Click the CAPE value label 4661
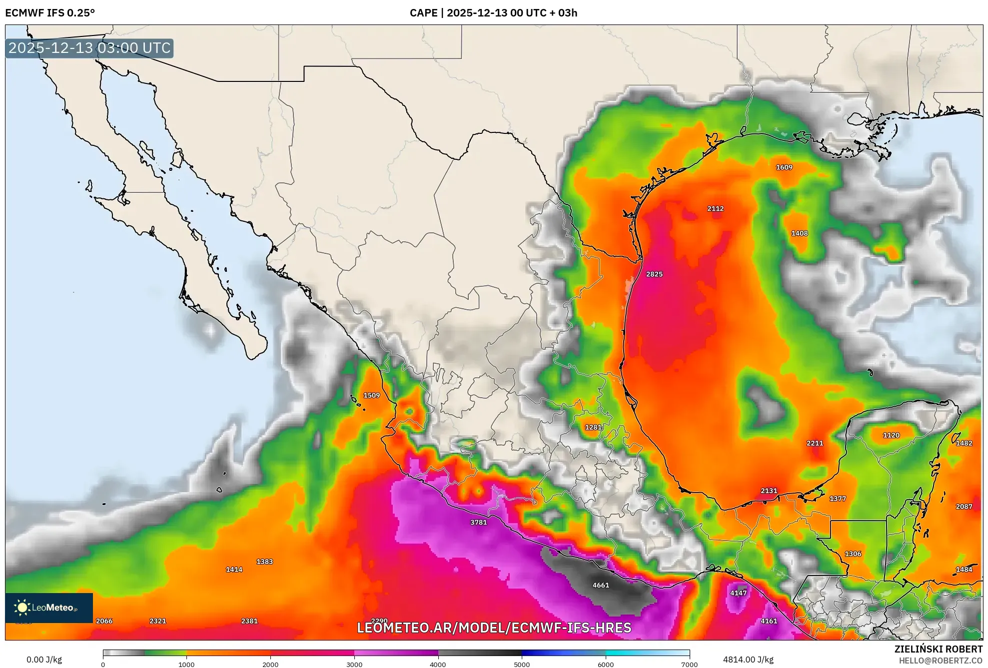(601, 585)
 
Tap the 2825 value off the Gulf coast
(654, 274)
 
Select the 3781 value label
(478, 523)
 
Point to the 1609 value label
(784, 167)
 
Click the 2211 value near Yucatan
(815, 443)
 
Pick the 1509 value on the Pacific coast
(371, 395)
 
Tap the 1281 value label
(593, 427)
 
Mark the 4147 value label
(738, 593)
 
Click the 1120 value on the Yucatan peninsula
(891, 435)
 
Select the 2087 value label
(964, 507)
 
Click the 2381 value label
(249, 621)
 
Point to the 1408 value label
(800, 233)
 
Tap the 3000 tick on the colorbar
(354, 664)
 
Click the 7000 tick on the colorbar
(689, 664)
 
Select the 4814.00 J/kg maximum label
(748, 660)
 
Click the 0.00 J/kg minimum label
(44, 660)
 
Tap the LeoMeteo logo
(48, 608)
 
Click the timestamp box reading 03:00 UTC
(89, 48)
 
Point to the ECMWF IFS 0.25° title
(50, 13)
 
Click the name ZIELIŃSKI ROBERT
(938, 649)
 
